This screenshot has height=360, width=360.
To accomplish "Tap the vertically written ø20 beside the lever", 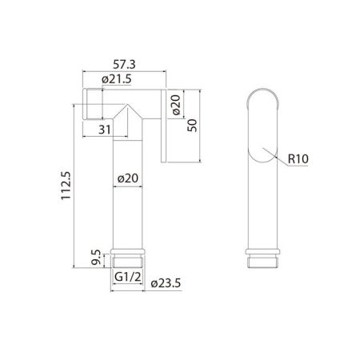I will click(176, 104).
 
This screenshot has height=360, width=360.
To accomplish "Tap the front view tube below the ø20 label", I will click(128, 216).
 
